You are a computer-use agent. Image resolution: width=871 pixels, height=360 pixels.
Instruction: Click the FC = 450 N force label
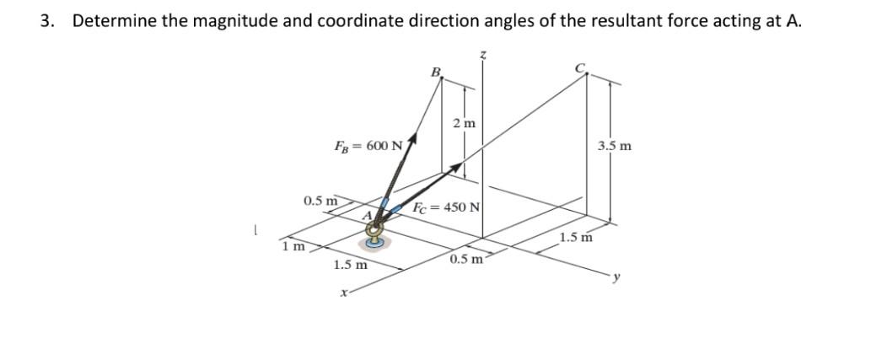(x=446, y=207)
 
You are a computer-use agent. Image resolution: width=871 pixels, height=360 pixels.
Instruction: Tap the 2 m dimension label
(x=464, y=124)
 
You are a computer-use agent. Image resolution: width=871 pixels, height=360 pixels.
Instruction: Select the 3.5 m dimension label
(x=615, y=146)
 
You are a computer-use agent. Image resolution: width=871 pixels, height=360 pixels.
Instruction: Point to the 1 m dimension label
(x=293, y=246)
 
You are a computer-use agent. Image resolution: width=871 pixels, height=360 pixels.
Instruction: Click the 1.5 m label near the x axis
(x=350, y=265)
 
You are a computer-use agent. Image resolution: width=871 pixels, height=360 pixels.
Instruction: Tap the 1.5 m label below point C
(x=576, y=238)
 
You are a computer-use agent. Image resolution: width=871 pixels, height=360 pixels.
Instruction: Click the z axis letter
(x=483, y=54)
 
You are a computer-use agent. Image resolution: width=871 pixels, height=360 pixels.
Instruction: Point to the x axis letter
(x=341, y=293)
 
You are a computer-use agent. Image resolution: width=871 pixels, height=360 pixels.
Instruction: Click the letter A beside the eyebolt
(x=366, y=216)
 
